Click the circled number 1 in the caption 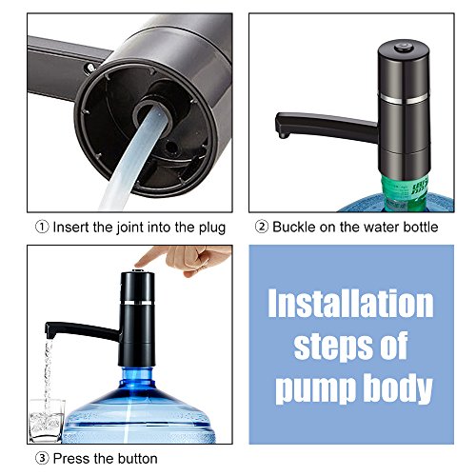[39, 228]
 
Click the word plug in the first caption [211, 228]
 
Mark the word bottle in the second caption [418, 228]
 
